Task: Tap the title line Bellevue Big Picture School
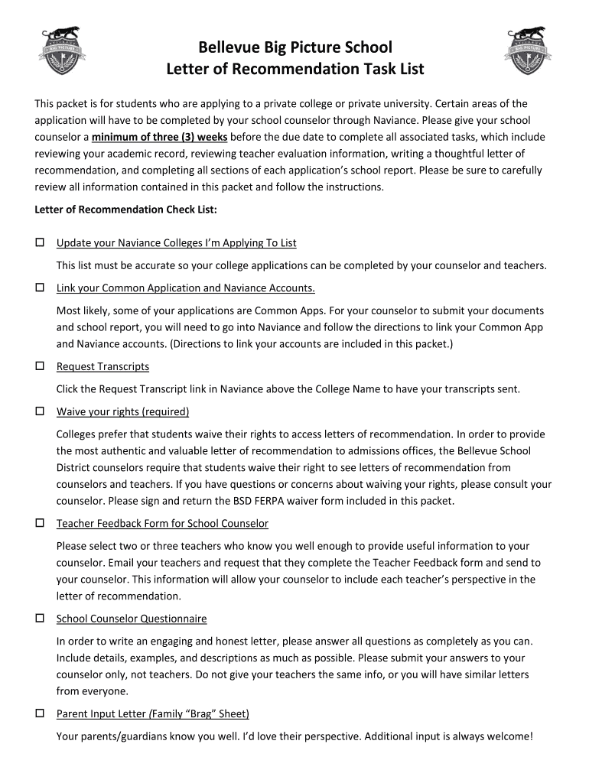tap(294, 47)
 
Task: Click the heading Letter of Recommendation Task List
tap(294, 70)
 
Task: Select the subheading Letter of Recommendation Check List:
tap(126, 209)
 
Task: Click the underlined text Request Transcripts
tap(103, 367)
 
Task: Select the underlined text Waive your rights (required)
tap(122, 412)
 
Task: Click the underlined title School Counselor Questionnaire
tap(132, 619)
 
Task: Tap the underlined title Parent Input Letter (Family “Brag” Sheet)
tap(153, 714)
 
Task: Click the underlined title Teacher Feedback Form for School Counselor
tap(162, 524)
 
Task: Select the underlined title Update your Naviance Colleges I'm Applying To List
tap(176, 243)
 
